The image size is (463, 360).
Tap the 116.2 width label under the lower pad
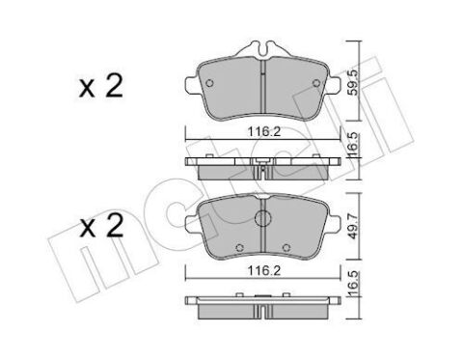click(x=262, y=272)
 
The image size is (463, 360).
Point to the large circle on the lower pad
click(x=262, y=221)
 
